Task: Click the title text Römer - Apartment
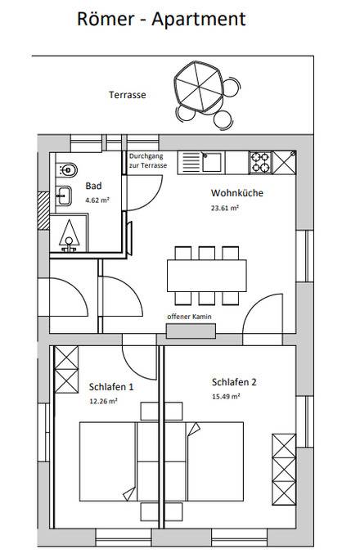161,19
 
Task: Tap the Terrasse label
128,95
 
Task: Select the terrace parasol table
199,87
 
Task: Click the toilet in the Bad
66,169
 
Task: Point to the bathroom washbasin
64,196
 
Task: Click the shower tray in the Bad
69,232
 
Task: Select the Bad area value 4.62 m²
97,200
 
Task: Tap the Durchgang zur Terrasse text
147,161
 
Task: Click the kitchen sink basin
212,162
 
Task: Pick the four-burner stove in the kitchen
260,162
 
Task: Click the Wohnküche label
237,193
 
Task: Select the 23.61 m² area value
224,208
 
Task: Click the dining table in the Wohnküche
207,276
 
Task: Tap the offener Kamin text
189,317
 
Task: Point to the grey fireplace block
191,331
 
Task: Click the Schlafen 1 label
111,387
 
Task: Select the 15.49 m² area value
226,396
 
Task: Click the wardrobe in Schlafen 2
284,470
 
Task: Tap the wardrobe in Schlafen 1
66,369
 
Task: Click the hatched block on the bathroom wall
43,210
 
